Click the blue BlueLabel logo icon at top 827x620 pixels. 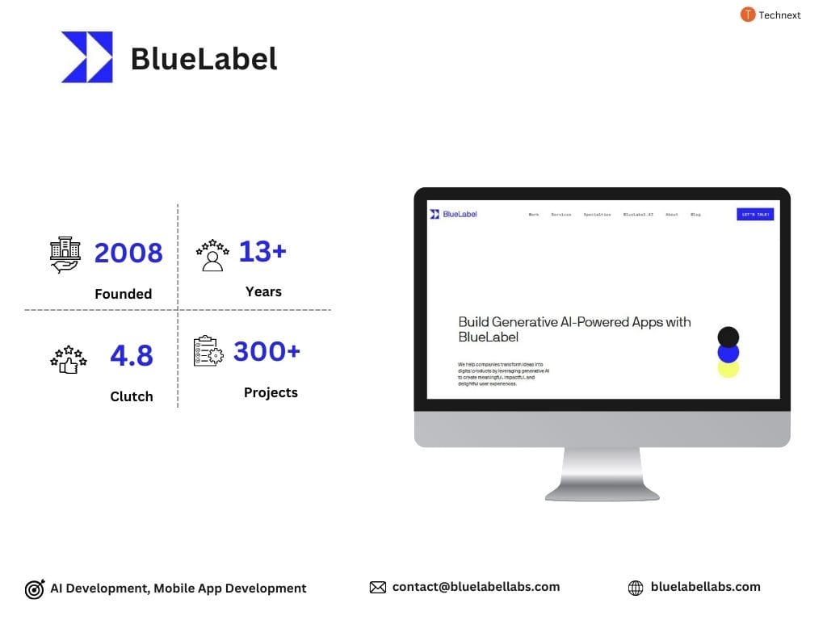(87, 57)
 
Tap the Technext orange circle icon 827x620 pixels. (748, 15)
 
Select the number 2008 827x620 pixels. (128, 253)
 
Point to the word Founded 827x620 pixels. (123, 294)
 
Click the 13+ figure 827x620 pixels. (262, 251)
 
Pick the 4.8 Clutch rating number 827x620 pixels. (132, 355)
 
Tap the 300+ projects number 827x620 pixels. (267, 351)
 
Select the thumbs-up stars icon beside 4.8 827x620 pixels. (68, 359)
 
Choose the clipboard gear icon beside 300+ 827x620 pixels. (208, 351)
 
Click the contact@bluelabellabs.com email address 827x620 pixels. (476, 587)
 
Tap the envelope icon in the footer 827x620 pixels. (378, 588)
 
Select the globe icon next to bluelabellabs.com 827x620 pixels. (636, 589)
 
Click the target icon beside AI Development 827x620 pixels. (35, 589)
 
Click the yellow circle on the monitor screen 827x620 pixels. (728, 368)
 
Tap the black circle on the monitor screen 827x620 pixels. (728, 337)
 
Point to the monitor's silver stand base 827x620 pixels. (602, 488)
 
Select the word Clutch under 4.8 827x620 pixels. (131, 396)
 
